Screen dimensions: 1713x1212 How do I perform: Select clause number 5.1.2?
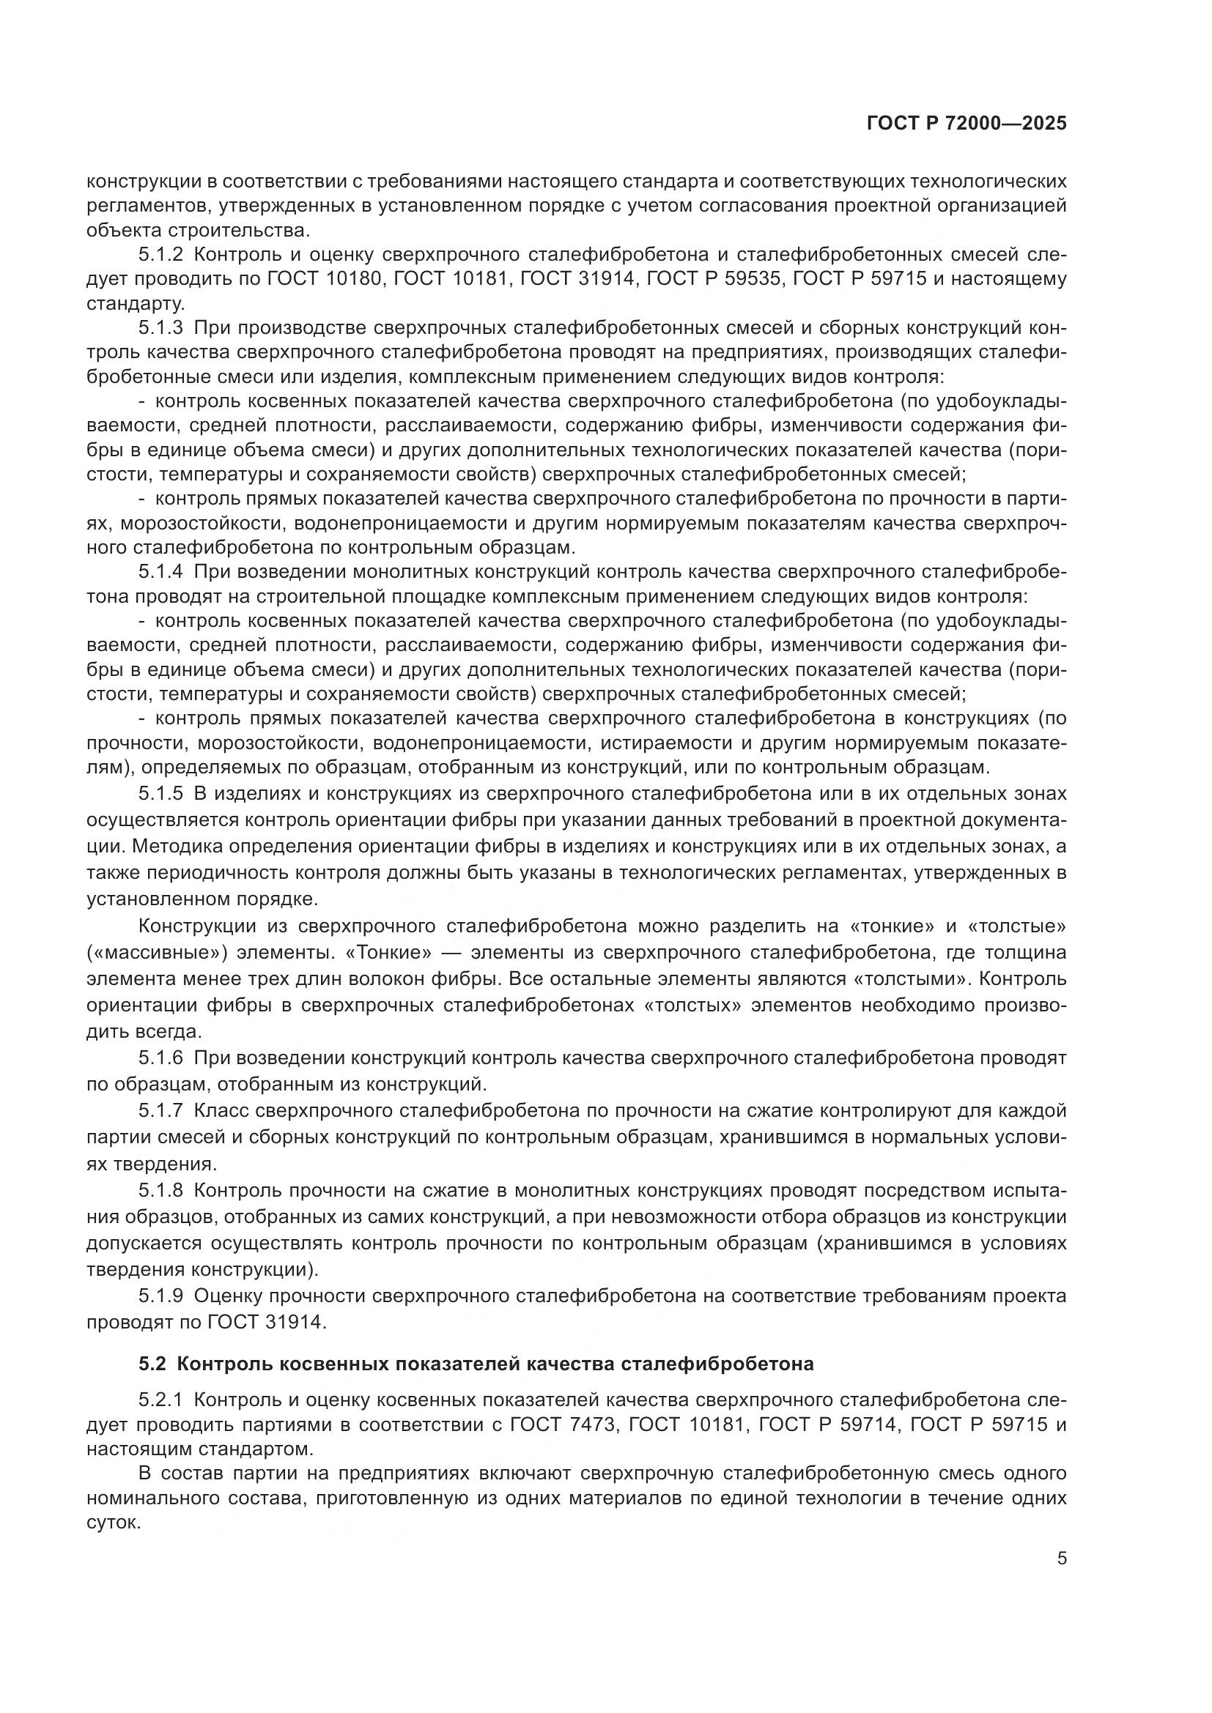click(x=160, y=254)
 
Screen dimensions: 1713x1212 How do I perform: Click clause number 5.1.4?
click(x=160, y=572)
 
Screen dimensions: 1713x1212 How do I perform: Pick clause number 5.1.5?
click(x=160, y=793)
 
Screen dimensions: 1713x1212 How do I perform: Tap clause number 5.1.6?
click(x=160, y=1058)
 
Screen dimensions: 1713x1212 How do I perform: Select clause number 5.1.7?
click(x=160, y=1111)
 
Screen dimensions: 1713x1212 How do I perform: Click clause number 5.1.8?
click(x=160, y=1189)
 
